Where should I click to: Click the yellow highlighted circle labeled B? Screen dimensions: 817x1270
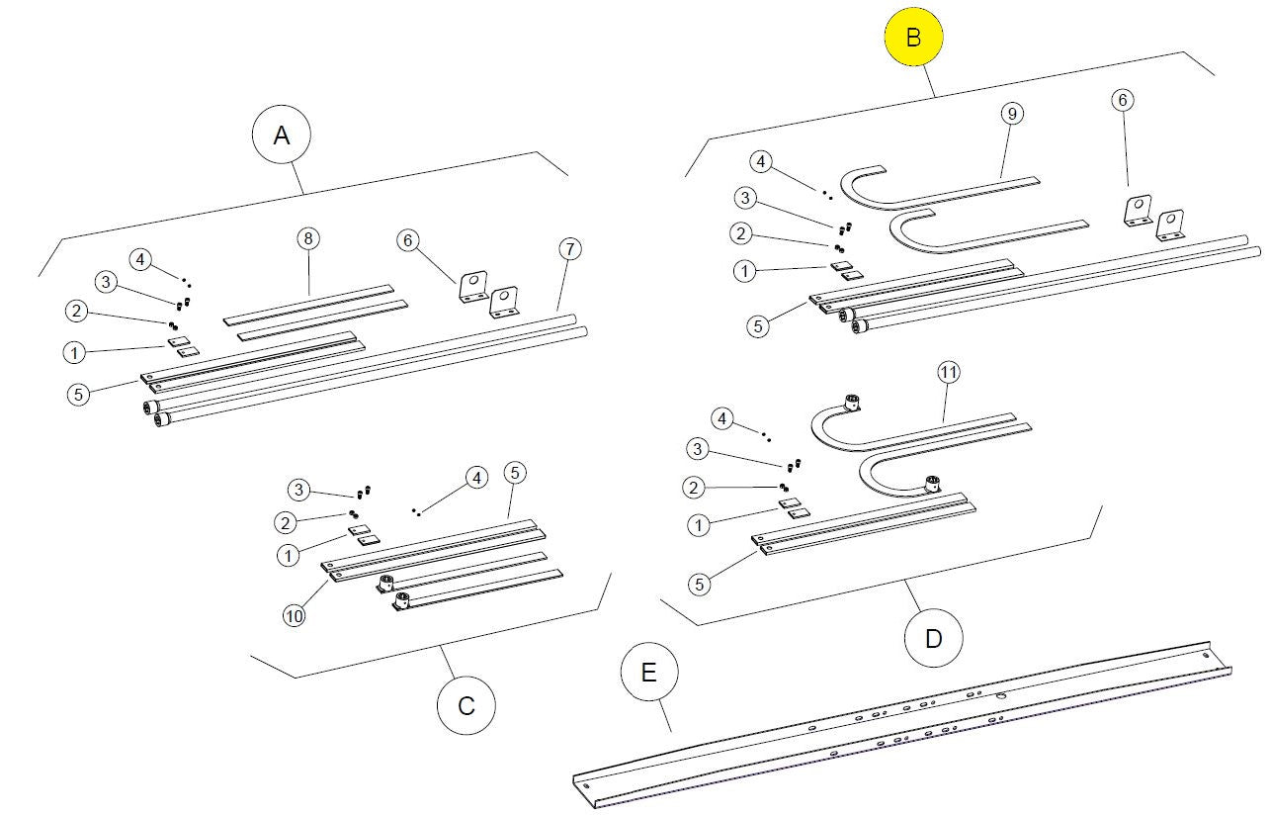click(913, 37)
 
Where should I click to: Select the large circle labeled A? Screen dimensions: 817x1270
click(282, 136)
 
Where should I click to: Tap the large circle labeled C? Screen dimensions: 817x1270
click(466, 705)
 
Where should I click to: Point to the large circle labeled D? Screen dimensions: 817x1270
click(934, 638)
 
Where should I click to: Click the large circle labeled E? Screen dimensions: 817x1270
click(649, 673)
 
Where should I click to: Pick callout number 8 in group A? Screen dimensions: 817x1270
click(308, 238)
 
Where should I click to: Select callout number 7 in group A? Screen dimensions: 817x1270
click(567, 247)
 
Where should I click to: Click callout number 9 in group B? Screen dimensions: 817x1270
click(1010, 114)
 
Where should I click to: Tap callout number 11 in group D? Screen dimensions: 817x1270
click(949, 372)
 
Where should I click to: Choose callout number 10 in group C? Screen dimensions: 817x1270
click(294, 614)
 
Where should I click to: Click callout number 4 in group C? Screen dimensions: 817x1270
click(476, 478)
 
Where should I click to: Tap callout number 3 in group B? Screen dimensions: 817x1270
click(746, 198)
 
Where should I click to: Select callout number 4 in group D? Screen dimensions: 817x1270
click(722, 418)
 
